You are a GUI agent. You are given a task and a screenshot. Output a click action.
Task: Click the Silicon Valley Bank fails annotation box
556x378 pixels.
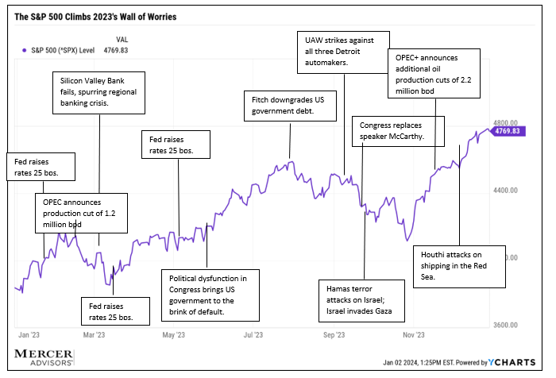(x=95, y=94)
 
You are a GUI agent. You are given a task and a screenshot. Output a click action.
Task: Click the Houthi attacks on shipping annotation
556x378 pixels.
(x=460, y=266)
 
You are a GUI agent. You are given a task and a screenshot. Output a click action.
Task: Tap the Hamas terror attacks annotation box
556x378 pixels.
(x=361, y=297)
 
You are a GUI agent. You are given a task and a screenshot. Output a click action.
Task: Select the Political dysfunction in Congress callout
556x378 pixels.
(x=207, y=295)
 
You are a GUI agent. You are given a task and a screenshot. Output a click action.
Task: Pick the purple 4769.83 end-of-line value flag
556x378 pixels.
(x=507, y=131)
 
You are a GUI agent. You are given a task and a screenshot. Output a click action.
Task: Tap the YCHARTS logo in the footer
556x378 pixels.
(x=518, y=362)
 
